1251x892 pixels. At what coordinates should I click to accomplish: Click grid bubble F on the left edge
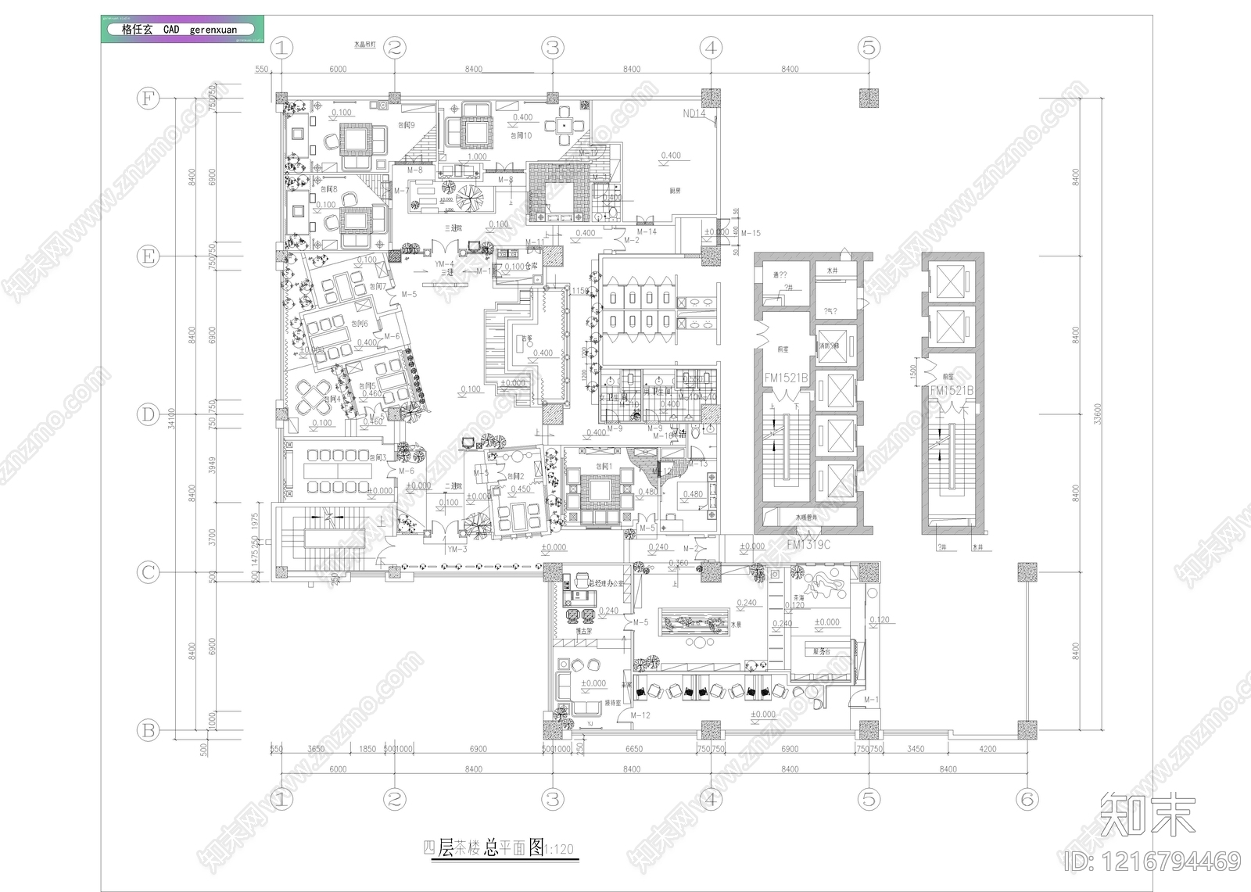click(148, 99)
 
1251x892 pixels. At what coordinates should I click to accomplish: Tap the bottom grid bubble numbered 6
click(1027, 799)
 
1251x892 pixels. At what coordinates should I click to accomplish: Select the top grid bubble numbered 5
click(869, 48)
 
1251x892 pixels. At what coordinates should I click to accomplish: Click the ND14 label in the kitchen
click(694, 114)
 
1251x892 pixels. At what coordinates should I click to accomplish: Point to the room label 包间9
click(407, 125)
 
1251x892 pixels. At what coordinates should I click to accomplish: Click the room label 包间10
click(521, 135)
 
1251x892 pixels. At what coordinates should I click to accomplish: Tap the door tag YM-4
click(444, 264)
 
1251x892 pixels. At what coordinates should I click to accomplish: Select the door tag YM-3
click(457, 550)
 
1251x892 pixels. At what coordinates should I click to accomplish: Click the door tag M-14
click(647, 232)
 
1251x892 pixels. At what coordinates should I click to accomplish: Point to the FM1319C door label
click(808, 545)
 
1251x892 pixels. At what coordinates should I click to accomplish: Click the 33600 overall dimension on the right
click(1098, 414)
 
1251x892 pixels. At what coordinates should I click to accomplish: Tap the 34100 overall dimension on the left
click(172, 418)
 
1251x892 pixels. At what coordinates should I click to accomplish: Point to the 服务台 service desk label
click(821, 651)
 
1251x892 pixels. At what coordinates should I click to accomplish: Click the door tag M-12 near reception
click(640, 715)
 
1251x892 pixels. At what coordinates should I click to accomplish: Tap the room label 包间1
click(604, 467)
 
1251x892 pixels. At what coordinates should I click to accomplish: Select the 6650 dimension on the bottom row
click(633, 749)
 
